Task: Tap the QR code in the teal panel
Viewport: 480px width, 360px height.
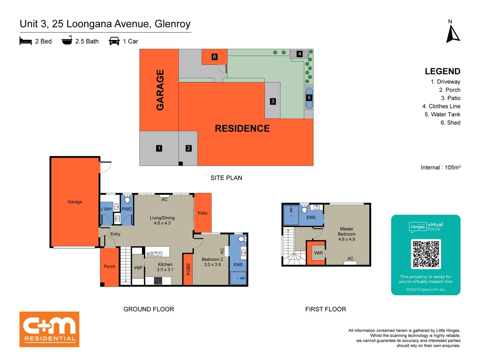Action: click(426, 254)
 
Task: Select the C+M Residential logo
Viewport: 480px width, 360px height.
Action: click(49, 329)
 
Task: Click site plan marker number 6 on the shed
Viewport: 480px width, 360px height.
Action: click(215, 57)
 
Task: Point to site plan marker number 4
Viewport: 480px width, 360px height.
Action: click(299, 54)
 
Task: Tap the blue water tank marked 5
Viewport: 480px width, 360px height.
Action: click(309, 98)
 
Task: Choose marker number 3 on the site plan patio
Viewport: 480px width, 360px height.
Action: click(273, 101)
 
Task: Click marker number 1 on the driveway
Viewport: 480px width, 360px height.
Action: click(159, 148)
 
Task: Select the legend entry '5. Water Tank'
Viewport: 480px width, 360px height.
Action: click(442, 114)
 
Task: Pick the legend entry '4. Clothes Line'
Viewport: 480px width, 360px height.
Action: click(441, 106)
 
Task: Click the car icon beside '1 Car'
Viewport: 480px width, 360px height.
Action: click(114, 41)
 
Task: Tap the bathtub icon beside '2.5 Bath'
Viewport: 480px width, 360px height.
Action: click(67, 41)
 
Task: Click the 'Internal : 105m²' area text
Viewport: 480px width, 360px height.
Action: click(440, 167)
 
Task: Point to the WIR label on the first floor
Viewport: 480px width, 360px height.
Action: click(318, 253)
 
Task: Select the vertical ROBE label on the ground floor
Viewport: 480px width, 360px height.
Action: click(188, 269)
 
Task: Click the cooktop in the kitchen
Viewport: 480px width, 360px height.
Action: click(158, 281)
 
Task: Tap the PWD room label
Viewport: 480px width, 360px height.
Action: click(127, 209)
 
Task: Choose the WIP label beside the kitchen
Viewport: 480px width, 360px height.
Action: click(138, 268)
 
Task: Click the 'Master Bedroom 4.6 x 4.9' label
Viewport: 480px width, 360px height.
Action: click(347, 234)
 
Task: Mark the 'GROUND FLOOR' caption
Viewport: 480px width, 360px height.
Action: click(149, 309)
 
